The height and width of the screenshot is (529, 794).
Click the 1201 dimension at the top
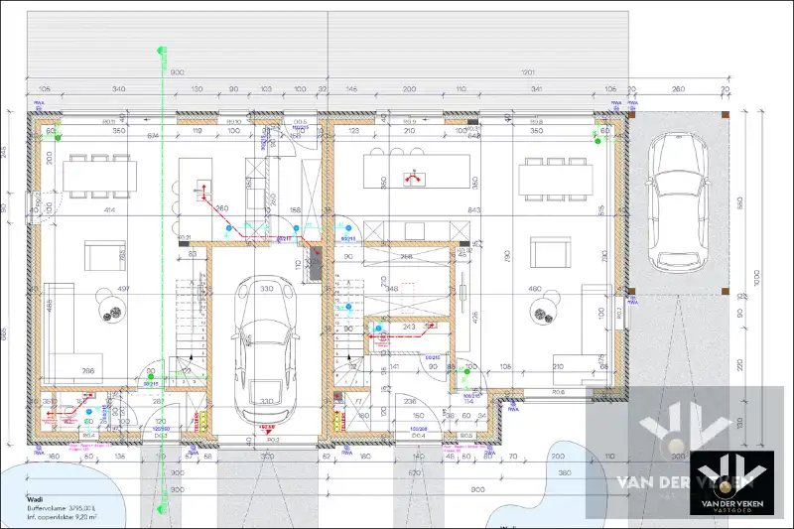(528, 72)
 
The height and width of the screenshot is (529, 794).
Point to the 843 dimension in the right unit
(474, 209)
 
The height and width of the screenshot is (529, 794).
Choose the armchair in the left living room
(103, 256)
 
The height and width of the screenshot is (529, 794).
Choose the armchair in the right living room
(547, 254)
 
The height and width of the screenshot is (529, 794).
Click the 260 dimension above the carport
(678, 89)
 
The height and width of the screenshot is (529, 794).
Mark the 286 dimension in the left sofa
(87, 371)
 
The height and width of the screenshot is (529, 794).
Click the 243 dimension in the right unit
(410, 327)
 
